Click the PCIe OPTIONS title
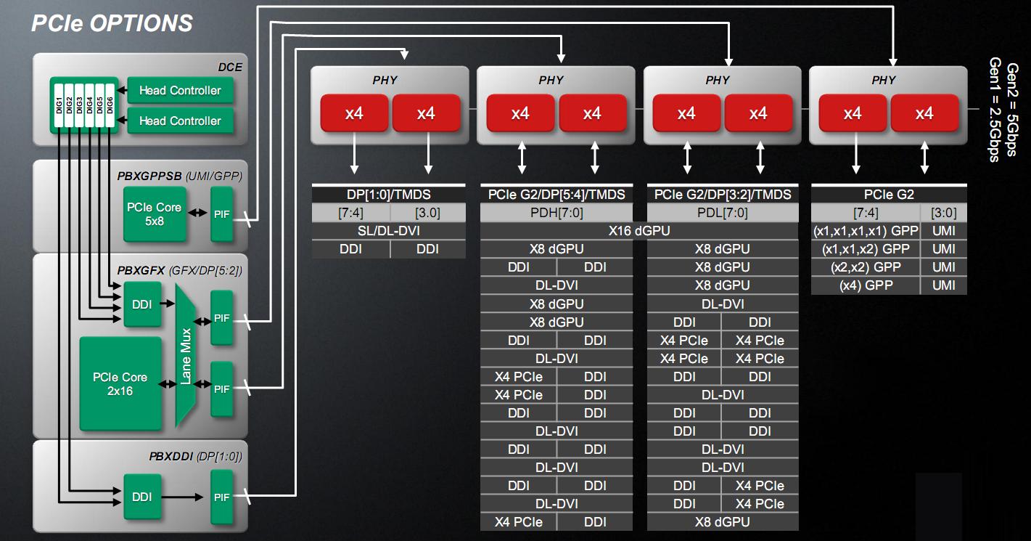tap(112, 23)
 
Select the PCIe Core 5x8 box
tap(154, 213)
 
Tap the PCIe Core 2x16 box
tap(120, 383)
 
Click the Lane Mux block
tap(186, 355)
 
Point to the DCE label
tap(230, 68)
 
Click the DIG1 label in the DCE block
tap(59, 105)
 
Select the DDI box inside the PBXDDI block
tap(141, 497)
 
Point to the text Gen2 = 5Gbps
tap(1011, 109)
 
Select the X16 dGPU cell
tap(638, 231)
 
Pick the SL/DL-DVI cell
tap(388, 231)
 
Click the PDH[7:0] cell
tap(556, 213)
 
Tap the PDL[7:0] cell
tap(723, 213)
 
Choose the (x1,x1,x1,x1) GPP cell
tap(866, 231)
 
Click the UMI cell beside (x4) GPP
tap(944, 285)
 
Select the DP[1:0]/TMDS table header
tap(388, 195)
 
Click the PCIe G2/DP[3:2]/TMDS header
tap(723, 195)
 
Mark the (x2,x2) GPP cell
tap(866, 267)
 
